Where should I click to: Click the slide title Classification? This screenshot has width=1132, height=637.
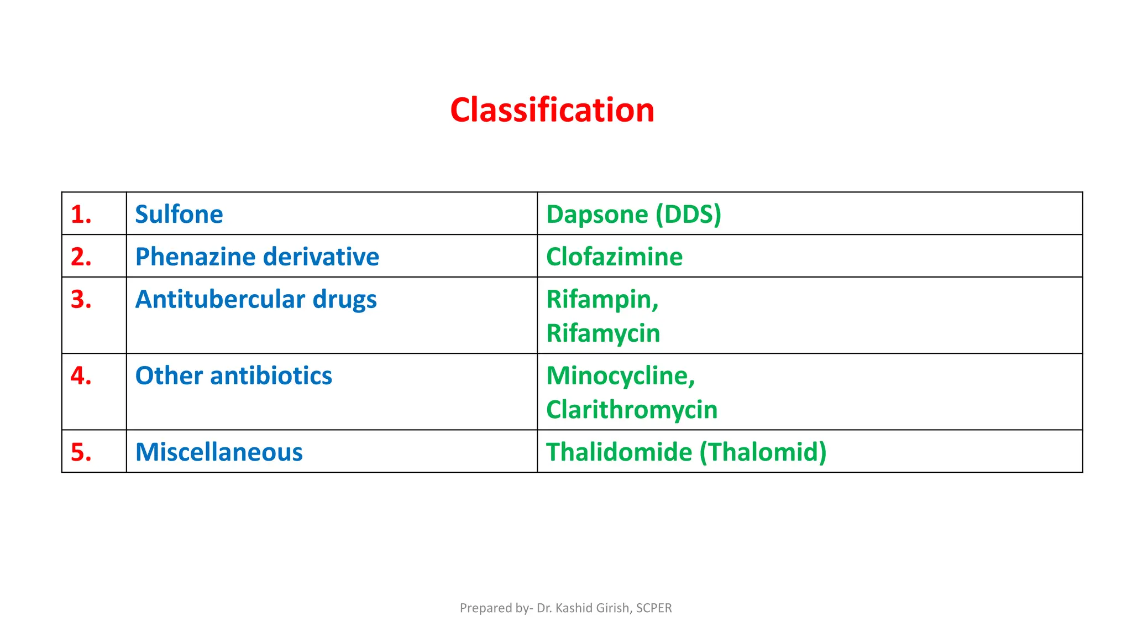click(552, 110)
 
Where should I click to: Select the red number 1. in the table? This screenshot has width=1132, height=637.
click(81, 215)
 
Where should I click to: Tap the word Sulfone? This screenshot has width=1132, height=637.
click(179, 215)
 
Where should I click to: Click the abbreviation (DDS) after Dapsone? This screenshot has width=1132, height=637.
click(688, 215)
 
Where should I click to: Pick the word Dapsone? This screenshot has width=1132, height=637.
click(597, 215)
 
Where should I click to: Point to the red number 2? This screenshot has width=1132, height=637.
click(81, 257)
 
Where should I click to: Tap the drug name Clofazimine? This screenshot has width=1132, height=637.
click(614, 257)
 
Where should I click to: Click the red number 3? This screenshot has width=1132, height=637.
click(81, 300)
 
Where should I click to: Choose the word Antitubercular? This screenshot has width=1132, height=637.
click(220, 300)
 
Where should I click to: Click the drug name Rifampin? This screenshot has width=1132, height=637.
click(601, 300)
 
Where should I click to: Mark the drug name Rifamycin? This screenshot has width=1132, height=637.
click(603, 333)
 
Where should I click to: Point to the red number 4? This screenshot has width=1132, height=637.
click(81, 376)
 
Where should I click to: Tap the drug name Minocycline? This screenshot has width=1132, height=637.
click(619, 376)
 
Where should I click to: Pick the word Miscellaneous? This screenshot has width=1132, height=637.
click(219, 452)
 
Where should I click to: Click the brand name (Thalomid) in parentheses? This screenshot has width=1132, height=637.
click(763, 452)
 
